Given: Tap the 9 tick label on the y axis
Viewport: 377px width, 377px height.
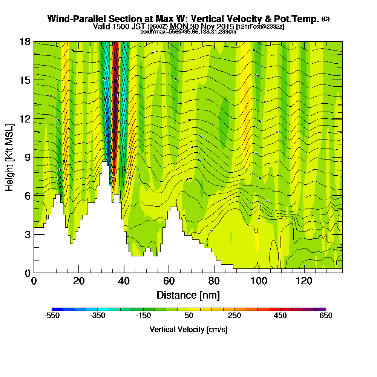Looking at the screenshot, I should point(27,157).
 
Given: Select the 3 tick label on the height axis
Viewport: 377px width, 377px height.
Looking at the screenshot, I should point(27,234).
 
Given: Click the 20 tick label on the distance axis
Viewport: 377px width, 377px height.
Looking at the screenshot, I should point(78,282).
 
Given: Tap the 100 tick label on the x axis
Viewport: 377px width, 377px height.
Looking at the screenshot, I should point(259,282).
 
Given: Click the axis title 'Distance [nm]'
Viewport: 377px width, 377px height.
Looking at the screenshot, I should point(188,295).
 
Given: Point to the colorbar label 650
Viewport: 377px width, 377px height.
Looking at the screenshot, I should point(326,316).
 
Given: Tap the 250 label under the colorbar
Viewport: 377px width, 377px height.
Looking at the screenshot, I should point(234,316).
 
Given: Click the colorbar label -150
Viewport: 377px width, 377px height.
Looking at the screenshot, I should point(143,316).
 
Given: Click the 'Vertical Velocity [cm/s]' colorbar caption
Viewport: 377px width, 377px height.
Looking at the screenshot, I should point(188,329).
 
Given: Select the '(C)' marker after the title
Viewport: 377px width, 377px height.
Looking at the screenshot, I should point(325,19).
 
